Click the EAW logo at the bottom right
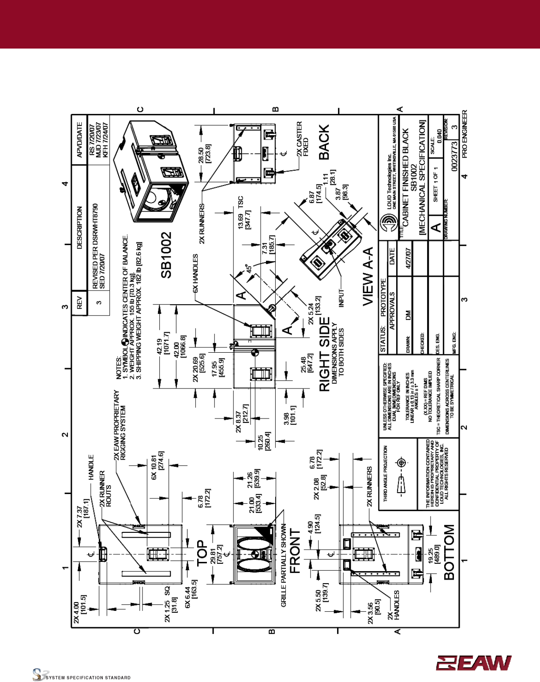[474, 663]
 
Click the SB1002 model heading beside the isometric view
[166, 256]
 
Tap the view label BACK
[324, 142]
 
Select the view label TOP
[202, 553]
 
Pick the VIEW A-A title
[368, 276]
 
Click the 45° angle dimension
[249, 269]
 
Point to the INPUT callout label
[341, 296]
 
